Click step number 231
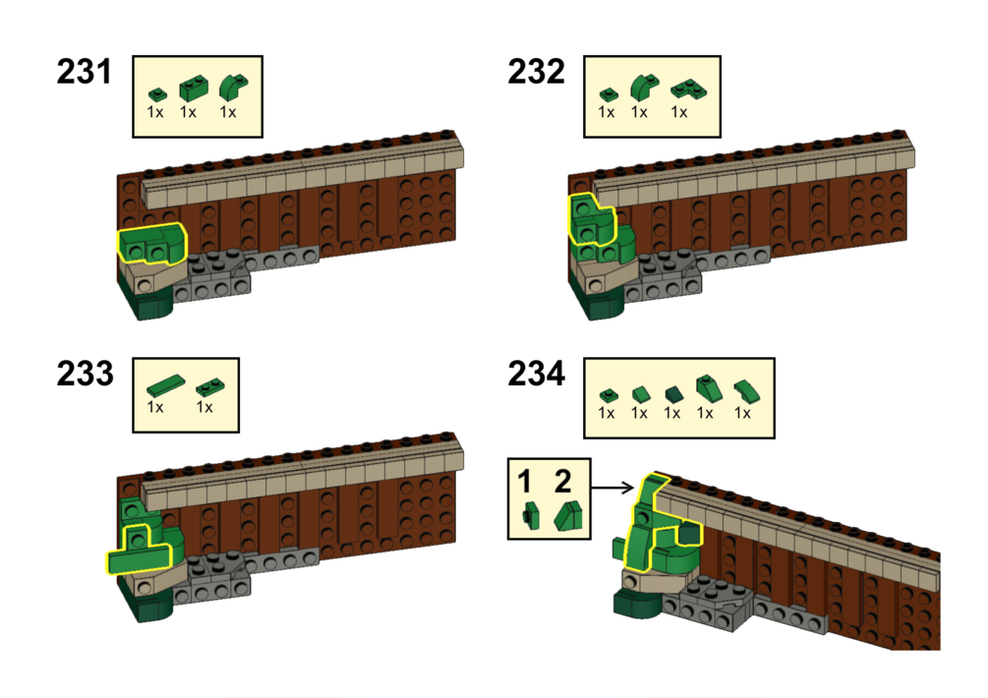tap(84, 73)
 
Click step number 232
tap(536, 73)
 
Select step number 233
tap(84, 375)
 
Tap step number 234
tap(536, 375)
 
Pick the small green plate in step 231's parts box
tap(154, 92)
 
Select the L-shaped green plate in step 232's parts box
tap(680, 91)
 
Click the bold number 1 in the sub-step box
tap(526, 482)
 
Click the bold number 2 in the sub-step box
tap(562, 482)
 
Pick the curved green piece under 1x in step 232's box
tap(640, 89)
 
